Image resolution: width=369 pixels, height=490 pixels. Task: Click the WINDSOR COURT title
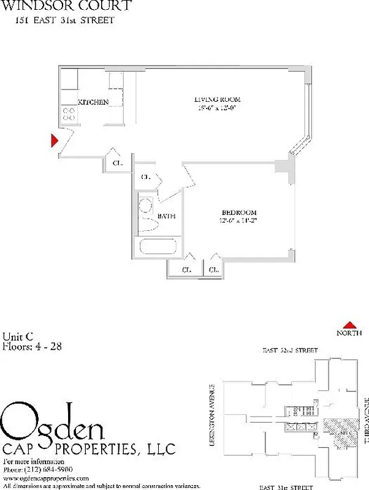(x=66, y=7)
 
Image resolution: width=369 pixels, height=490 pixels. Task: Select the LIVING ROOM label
(x=217, y=99)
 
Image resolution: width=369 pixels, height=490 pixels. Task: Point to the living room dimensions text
(x=217, y=108)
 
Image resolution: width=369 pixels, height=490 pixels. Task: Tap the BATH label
(x=166, y=216)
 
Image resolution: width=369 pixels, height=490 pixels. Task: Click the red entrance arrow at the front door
(x=55, y=140)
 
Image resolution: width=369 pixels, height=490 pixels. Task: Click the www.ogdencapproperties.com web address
(x=46, y=477)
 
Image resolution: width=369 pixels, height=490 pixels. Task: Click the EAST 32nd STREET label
(x=290, y=350)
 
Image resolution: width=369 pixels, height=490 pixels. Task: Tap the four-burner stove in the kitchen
(x=69, y=114)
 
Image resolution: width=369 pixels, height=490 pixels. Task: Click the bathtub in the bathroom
(x=158, y=249)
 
